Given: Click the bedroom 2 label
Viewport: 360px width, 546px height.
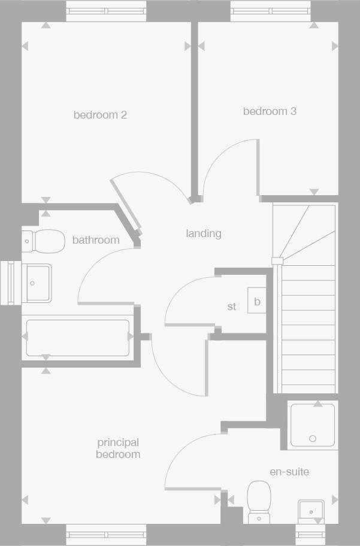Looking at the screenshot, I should pyautogui.click(x=100, y=114).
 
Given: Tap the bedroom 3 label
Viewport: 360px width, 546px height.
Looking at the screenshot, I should pyautogui.click(x=270, y=111).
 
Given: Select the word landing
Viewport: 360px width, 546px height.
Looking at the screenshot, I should pyautogui.click(x=204, y=233).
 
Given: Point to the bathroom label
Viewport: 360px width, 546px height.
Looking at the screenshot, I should pyautogui.click(x=96, y=240).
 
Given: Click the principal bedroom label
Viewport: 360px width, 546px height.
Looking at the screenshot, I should pyautogui.click(x=118, y=448).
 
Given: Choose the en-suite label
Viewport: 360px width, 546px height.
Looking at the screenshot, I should pyautogui.click(x=289, y=472).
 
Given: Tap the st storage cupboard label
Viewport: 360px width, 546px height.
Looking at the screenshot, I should pyautogui.click(x=232, y=307).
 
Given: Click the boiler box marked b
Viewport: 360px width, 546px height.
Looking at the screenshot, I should pyautogui.click(x=257, y=302).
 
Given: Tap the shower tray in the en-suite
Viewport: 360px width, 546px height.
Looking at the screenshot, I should pyautogui.click(x=313, y=425).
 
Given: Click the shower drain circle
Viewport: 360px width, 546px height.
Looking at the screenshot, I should pyautogui.click(x=313, y=439).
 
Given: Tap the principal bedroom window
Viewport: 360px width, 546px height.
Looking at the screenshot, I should pyautogui.click(x=106, y=534).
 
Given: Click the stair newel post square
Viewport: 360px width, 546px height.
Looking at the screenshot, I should pyautogui.click(x=276, y=260).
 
